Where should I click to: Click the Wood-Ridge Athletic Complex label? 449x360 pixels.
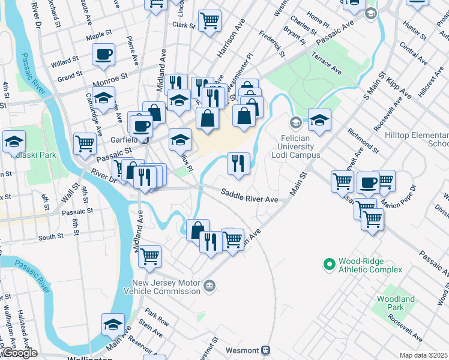370,265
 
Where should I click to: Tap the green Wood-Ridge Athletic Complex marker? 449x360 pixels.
329,263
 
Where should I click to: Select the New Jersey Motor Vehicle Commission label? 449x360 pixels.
166,287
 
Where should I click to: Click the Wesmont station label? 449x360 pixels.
242,350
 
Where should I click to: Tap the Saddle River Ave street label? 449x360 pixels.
249,196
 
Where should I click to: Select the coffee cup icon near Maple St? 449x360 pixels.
103,55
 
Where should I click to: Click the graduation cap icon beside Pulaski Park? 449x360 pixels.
13,142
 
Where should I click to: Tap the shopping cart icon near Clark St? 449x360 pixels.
209,21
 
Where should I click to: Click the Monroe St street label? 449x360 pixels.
110,78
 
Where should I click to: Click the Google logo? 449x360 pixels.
20,353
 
